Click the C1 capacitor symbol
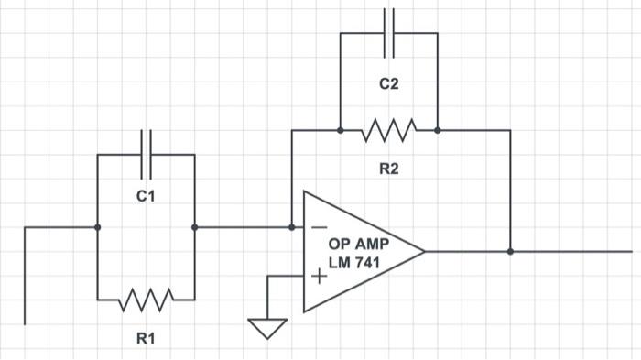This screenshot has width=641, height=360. click(146, 154)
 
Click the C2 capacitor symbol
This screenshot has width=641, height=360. click(389, 33)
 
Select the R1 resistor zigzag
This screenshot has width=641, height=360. click(146, 299)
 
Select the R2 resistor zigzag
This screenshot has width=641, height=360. click(389, 130)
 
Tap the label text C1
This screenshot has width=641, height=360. click(146, 196)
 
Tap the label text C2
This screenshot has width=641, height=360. click(389, 84)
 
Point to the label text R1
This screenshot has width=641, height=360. click(146, 339)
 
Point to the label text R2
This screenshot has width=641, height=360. click(389, 169)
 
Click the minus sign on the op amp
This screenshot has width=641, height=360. click(318, 227)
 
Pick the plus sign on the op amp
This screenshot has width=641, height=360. click(318, 275)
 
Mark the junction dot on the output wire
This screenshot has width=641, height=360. click(510, 250)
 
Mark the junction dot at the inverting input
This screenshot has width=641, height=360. click(291, 227)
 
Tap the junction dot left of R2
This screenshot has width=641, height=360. click(340, 130)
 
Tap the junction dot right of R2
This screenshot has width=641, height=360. click(438, 130)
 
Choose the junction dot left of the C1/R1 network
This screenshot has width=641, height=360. click(97, 227)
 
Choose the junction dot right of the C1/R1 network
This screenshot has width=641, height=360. click(194, 227)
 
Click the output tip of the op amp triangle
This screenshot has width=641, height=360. click(425, 250)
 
